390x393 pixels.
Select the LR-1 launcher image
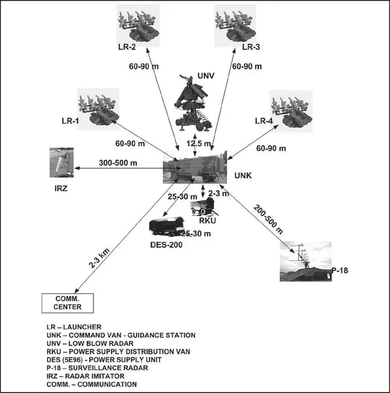click(99, 109)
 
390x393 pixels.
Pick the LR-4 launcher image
click(291, 109)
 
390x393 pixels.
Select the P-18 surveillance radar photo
click(306, 262)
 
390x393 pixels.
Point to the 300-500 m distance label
click(118, 163)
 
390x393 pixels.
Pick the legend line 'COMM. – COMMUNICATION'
click(92, 384)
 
